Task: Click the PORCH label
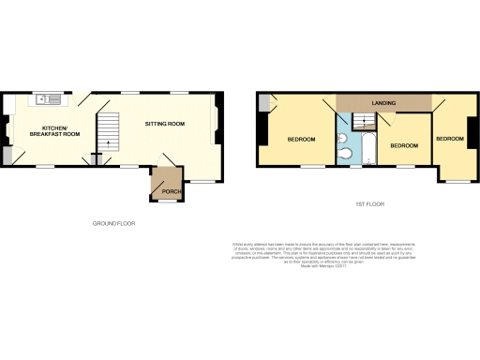(x=172, y=191)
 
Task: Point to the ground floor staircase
(x=111, y=131)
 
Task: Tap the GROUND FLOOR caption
(x=114, y=224)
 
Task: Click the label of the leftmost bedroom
(x=301, y=140)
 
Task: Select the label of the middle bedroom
(x=403, y=145)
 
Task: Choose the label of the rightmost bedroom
(x=450, y=139)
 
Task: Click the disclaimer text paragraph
(x=309, y=253)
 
